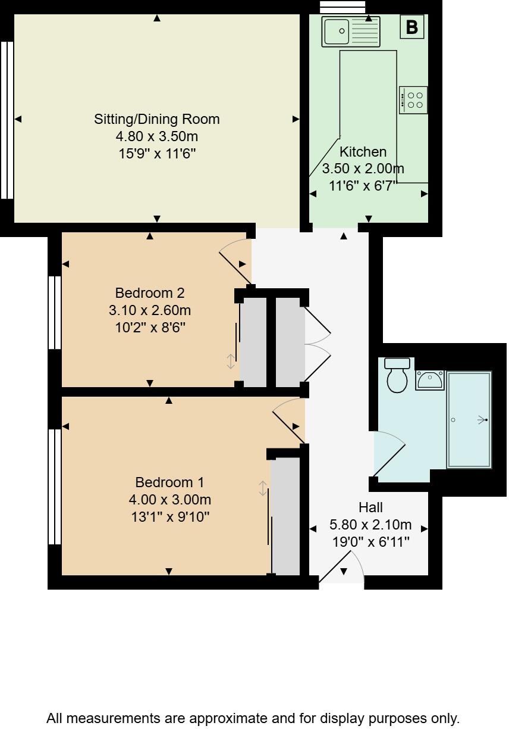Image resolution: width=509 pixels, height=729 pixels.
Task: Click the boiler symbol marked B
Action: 411,27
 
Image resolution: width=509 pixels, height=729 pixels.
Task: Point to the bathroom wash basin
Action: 429,379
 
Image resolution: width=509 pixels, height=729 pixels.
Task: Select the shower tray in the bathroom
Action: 469,420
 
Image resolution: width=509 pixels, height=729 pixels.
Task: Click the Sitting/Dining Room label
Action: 157,119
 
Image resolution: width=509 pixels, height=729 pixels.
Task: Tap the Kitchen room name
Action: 363,152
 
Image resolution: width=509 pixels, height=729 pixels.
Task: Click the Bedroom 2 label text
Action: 150,293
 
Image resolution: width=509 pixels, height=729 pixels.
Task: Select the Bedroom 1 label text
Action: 169,482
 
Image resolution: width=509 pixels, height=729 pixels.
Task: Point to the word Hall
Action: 370,507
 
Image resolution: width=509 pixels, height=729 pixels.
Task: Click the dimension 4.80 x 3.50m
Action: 157,136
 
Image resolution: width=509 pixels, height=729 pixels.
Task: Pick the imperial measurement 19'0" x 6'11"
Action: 370,542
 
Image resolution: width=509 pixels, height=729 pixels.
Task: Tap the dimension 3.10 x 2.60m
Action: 150,310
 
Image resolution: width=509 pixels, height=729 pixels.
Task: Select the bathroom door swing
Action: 389,457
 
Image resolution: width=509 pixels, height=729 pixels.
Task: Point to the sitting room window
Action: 7,120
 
